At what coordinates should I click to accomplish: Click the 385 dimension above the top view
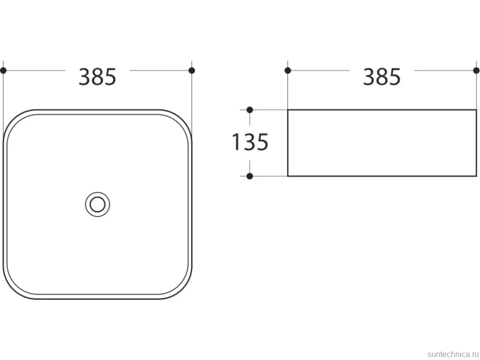[x=97, y=77]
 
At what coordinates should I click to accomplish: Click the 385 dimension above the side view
[x=382, y=77]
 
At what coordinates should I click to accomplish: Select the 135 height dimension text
[x=250, y=142]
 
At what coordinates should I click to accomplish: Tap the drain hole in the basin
[x=97, y=204]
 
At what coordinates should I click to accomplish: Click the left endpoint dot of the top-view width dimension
[x=3, y=71]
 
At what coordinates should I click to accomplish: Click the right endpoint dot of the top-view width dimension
[x=192, y=71]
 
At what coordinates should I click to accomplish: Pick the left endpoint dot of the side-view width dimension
[x=288, y=71]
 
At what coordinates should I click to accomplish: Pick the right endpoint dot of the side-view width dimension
[x=477, y=71]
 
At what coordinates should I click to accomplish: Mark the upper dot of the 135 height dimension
[x=249, y=110]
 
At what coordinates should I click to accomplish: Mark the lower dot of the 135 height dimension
[x=249, y=176]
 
